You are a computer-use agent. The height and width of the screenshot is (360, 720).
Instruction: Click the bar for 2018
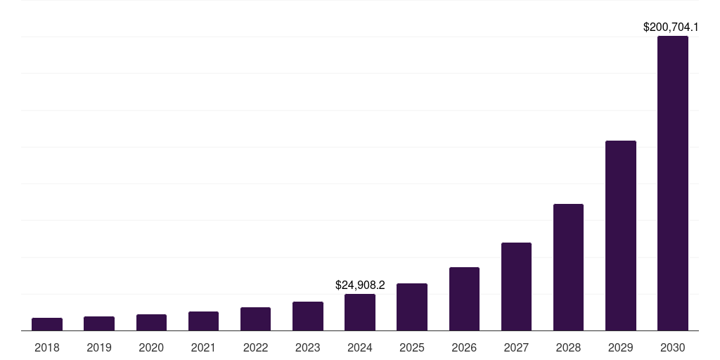tap(47, 324)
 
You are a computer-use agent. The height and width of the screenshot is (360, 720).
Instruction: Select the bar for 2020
tap(151, 323)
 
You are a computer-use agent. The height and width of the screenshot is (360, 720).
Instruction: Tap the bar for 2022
tap(255, 319)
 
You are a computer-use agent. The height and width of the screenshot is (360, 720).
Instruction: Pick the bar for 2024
tap(360, 312)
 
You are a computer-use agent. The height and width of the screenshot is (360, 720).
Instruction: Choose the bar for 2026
tap(464, 299)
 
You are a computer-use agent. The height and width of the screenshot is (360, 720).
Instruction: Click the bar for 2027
tap(516, 287)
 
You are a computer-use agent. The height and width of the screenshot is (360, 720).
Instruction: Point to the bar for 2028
tap(568, 267)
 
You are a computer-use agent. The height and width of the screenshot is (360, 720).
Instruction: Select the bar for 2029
tap(621, 236)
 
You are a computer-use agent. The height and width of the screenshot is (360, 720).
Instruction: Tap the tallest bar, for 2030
tap(673, 184)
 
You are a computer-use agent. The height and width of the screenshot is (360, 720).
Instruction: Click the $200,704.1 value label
tap(671, 27)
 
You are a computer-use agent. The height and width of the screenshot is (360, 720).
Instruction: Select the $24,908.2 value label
tap(360, 285)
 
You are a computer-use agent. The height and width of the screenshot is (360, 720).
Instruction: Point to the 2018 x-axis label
tap(47, 347)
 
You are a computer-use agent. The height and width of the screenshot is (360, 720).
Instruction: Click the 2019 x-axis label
tap(99, 347)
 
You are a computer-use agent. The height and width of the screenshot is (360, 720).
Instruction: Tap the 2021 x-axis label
tap(203, 347)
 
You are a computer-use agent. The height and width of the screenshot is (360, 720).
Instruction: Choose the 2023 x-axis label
tap(308, 347)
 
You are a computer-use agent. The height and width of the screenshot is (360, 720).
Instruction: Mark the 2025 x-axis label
tap(412, 347)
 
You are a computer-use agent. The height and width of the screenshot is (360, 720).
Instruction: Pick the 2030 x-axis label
tap(673, 347)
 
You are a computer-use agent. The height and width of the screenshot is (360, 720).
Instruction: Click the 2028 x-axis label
tap(568, 347)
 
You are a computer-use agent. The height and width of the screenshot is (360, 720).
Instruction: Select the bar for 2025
tap(412, 307)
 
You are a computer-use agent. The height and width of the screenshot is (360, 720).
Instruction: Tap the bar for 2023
tap(308, 316)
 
